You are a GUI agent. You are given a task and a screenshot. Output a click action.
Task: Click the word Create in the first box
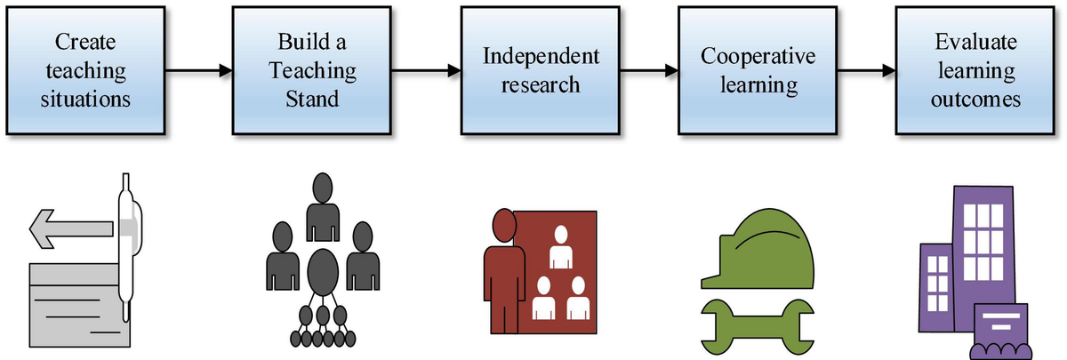(85, 42)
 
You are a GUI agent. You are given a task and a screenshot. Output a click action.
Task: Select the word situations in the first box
(85, 99)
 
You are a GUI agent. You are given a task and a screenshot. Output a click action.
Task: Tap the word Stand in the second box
(312, 99)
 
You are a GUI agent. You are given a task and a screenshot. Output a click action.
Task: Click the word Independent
(541, 57)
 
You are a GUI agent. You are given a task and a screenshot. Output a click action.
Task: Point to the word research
(541, 85)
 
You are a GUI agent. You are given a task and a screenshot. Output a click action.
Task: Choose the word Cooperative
(758, 57)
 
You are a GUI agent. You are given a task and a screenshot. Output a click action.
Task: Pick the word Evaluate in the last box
(975, 42)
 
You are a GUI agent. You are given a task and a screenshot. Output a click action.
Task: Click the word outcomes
(975, 99)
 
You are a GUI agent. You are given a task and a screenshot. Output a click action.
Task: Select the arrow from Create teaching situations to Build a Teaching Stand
(198, 71)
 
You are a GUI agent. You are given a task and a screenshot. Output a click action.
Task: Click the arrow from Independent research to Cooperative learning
(649, 71)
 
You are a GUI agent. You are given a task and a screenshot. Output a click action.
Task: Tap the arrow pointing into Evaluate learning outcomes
(866, 71)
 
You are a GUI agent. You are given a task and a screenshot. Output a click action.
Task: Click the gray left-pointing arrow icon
(71, 229)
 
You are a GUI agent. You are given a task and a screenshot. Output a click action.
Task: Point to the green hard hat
(758, 250)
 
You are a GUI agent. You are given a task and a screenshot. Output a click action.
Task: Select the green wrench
(758, 327)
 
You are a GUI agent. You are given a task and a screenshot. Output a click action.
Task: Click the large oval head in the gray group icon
(323, 272)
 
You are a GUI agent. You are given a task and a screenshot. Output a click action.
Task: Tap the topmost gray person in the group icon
(323, 207)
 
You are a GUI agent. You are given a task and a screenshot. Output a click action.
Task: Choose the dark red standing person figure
(504, 270)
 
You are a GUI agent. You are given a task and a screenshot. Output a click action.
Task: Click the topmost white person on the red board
(561, 247)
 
